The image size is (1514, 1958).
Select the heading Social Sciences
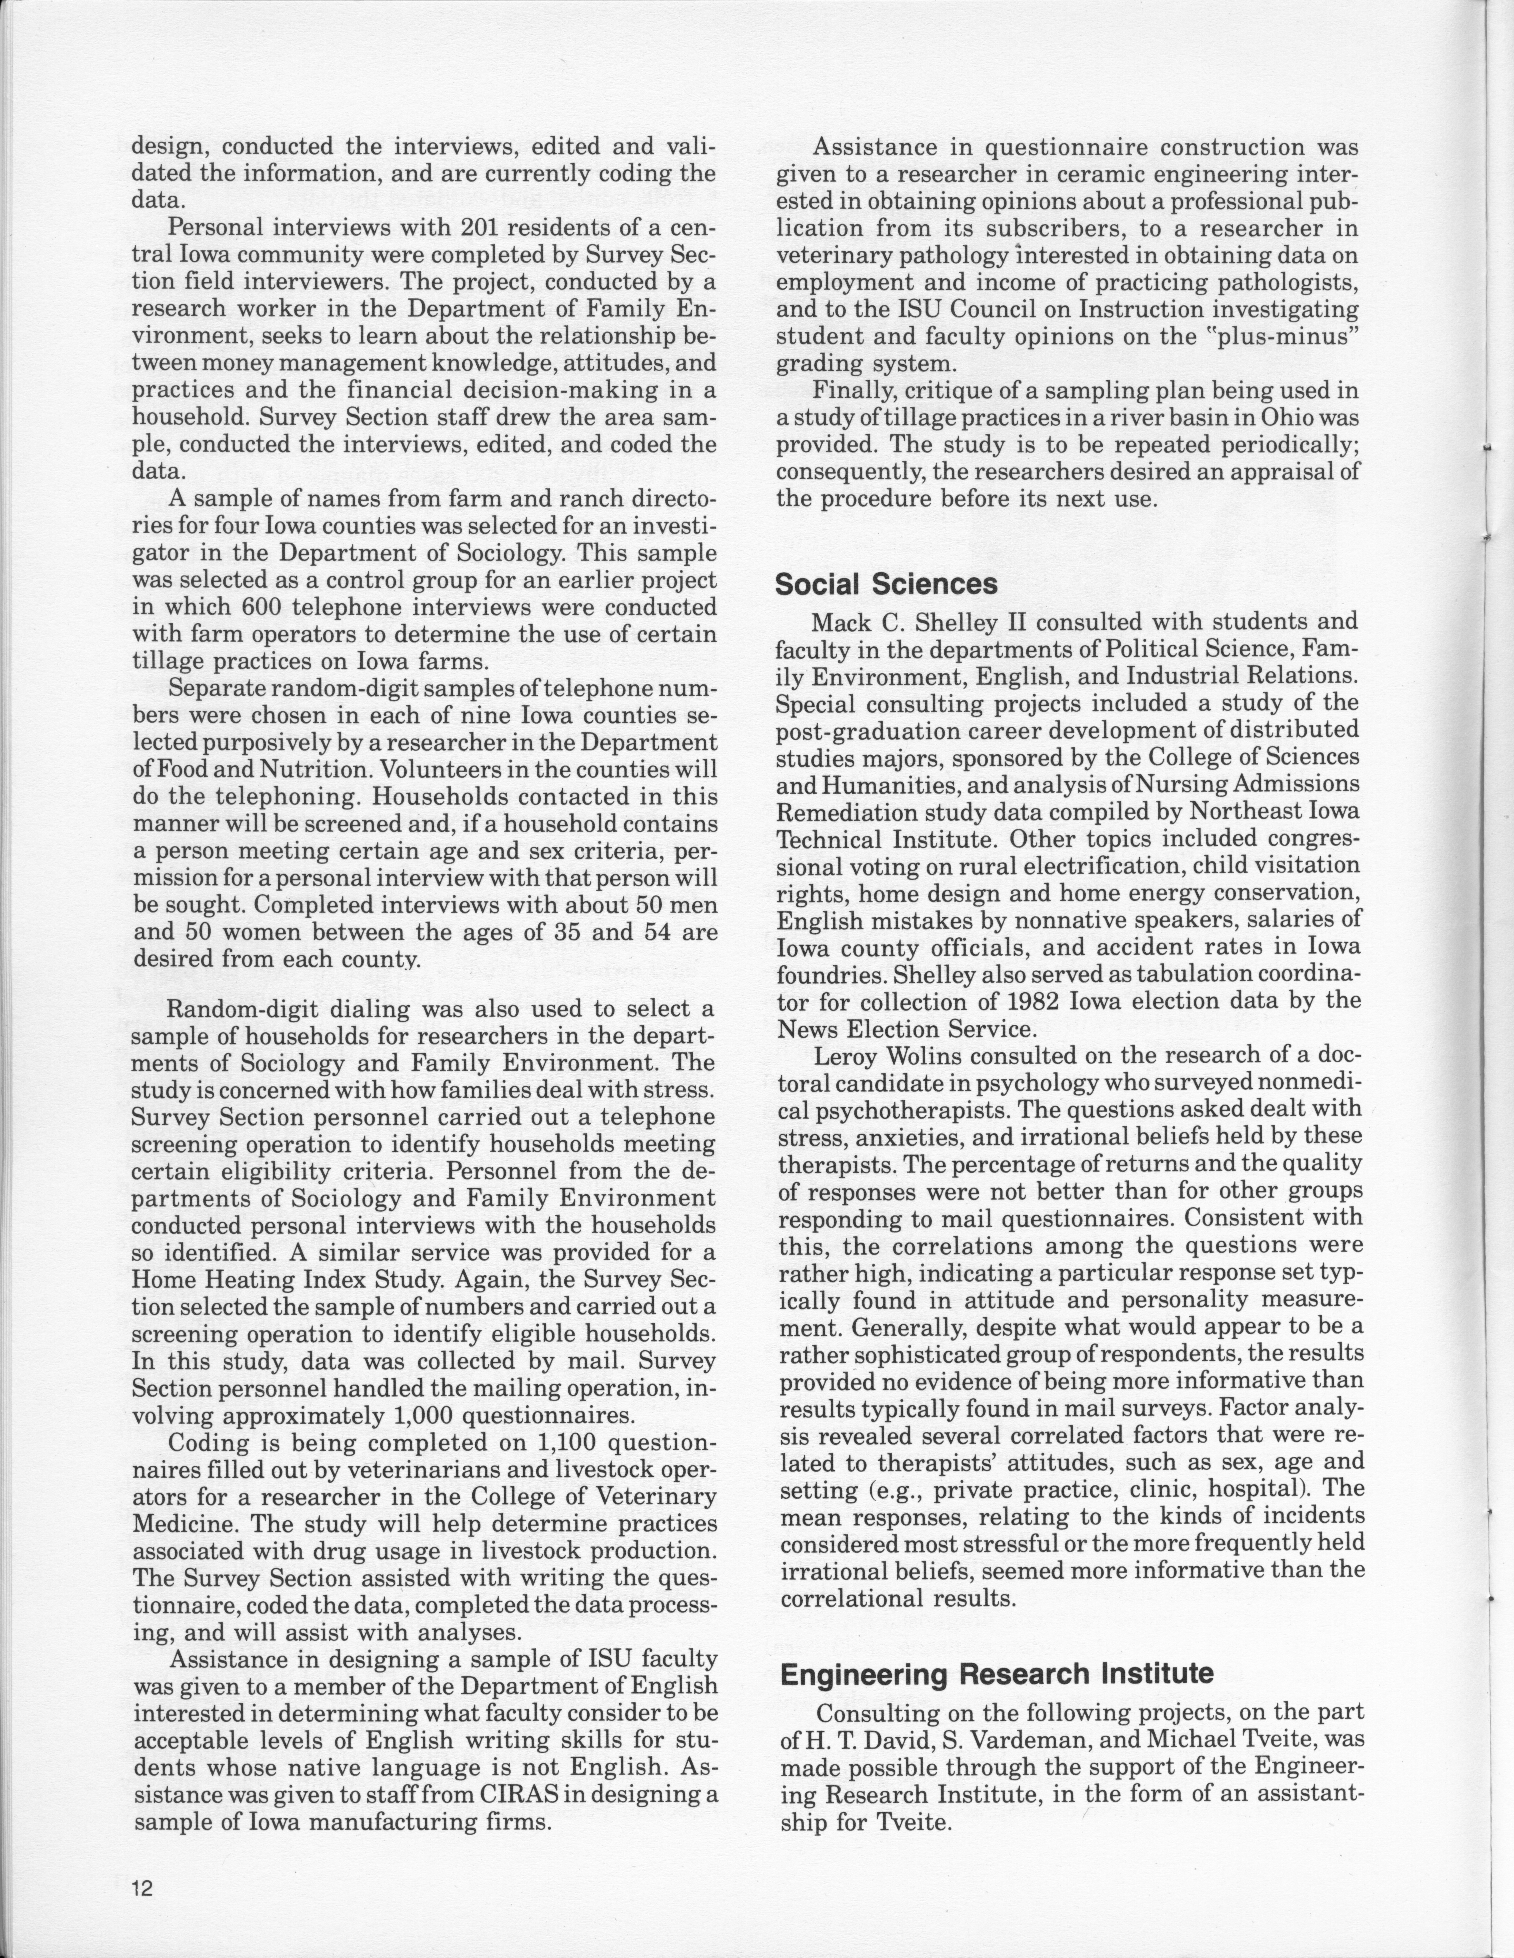pyautogui.click(x=886, y=584)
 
